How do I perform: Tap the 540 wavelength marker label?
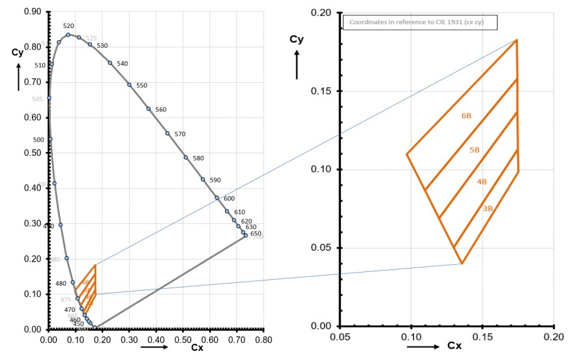coord(123,64)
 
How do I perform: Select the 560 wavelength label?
coord(161,110)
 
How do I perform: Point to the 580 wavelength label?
coord(198,158)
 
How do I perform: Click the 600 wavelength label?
coord(229,199)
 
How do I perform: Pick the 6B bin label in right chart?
coord(466,116)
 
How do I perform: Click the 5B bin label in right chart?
coord(475,151)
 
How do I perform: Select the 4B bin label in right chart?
coord(482,182)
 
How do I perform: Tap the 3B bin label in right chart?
coord(488,209)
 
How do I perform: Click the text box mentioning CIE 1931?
coord(421,23)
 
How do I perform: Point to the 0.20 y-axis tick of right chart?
coord(324,13)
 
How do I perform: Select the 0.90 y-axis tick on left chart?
coord(31,12)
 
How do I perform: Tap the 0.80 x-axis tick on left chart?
coord(263,340)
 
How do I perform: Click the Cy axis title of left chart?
coord(17,53)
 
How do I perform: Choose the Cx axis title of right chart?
coord(454,346)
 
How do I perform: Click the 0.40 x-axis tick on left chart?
coord(156,340)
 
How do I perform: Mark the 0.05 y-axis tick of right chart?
coord(324,248)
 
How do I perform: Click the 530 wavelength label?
coord(102,46)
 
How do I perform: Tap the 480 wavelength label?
coord(61,284)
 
